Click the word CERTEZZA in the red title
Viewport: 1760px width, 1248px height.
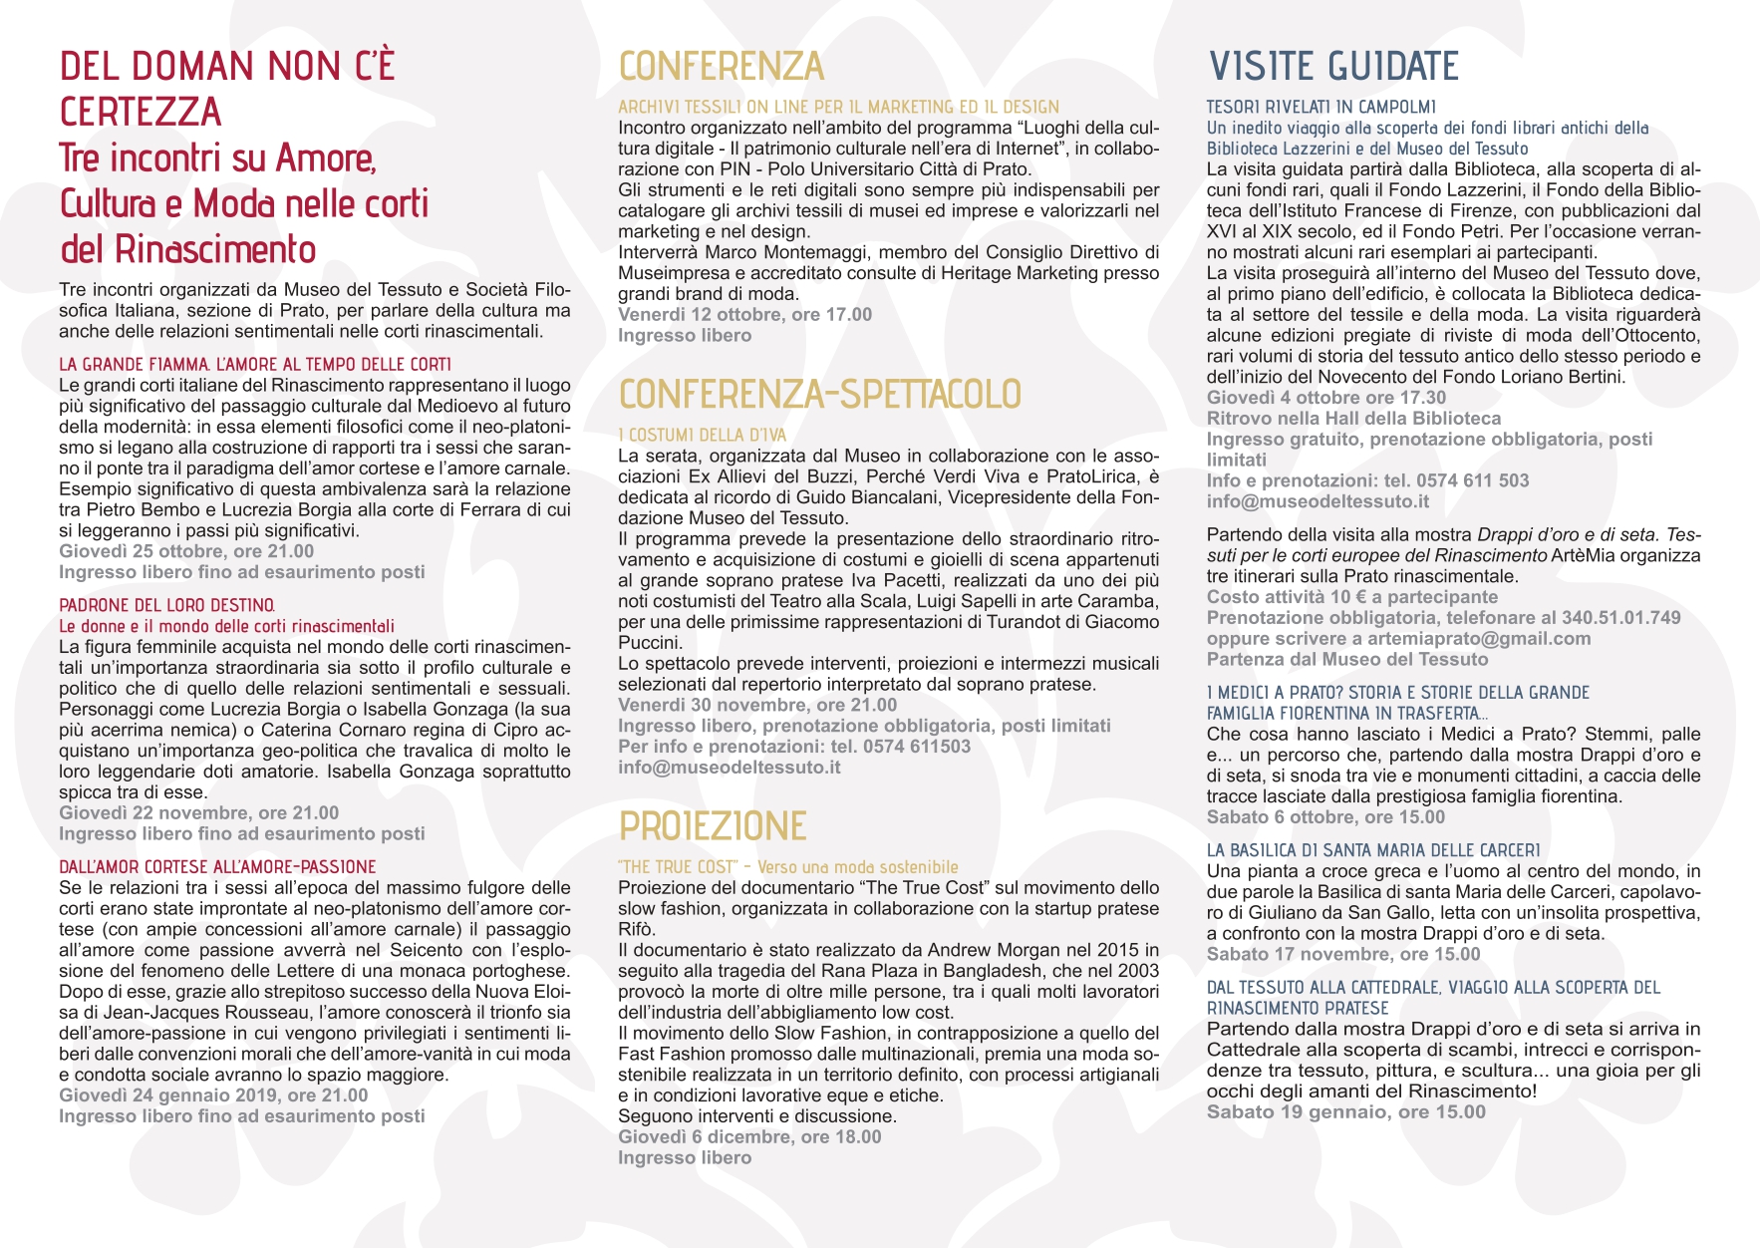tap(141, 112)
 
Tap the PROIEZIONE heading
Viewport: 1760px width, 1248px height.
tap(712, 826)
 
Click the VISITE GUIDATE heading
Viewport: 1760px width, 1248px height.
tap(1333, 67)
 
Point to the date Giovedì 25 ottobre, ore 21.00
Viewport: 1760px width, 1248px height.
tap(186, 551)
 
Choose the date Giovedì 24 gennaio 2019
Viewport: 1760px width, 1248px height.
tap(213, 1095)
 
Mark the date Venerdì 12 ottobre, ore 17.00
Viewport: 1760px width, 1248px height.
tap(744, 315)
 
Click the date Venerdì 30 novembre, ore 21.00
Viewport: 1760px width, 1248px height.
tap(757, 706)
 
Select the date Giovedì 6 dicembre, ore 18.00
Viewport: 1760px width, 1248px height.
tap(749, 1137)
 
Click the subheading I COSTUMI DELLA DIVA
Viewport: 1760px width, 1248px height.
tap(702, 435)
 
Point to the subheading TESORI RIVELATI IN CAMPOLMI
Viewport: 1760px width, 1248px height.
tap(1320, 107)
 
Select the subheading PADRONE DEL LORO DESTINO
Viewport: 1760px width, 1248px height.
tap(166, 605)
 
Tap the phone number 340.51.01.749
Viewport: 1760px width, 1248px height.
tap(1621, 618)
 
